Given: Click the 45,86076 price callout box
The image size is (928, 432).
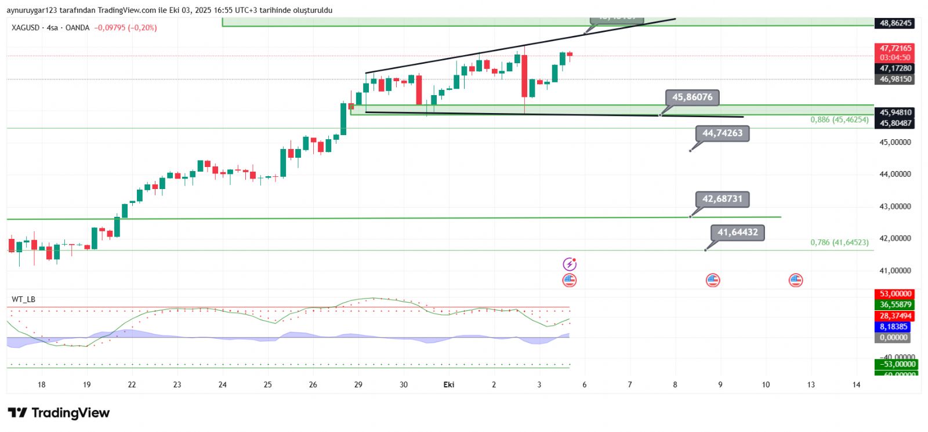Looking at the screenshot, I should (692, 97).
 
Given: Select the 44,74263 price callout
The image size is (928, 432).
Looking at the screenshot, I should (722, 133).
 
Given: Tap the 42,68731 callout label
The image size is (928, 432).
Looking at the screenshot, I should (722, 199).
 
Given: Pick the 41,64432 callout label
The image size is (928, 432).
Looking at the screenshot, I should (737, 233).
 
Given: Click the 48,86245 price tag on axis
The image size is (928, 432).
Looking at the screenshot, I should (896, 23).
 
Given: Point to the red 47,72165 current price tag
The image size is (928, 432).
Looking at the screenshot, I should (896, 49).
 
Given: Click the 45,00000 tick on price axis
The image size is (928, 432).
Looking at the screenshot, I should (896, 142).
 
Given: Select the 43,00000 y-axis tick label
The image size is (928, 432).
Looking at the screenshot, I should (896, 206).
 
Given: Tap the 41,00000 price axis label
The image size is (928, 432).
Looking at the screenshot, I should (896, 271).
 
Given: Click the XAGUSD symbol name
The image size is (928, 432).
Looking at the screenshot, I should (26, 28).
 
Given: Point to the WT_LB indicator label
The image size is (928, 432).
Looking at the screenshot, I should (23, 299).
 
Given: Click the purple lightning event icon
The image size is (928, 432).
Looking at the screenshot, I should (570, 264).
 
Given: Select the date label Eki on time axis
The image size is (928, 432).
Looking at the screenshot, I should (448, 384).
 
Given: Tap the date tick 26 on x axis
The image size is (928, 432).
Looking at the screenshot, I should (313, 384).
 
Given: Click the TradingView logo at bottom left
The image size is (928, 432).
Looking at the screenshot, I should (59, 413).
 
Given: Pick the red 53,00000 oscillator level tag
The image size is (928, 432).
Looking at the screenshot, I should (896, 294).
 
